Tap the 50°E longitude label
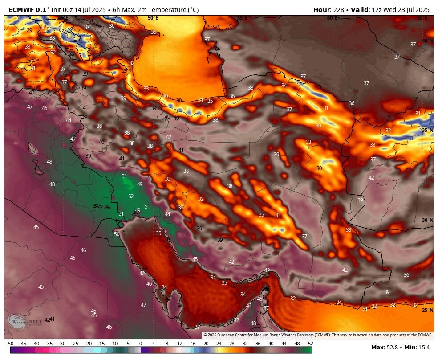[153, 18]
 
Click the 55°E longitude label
[242, 18]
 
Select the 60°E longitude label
[332, 18]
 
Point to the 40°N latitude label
[427, 41]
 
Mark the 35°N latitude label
[427, 130]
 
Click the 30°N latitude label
[427, 220]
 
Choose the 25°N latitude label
[427, 310]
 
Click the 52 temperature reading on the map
[131, 196]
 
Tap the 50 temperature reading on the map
[117, 234]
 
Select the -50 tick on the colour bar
[10, 344]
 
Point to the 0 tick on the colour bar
[141, 344]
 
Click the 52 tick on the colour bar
[310, 344]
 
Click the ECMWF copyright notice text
[318, 335]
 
